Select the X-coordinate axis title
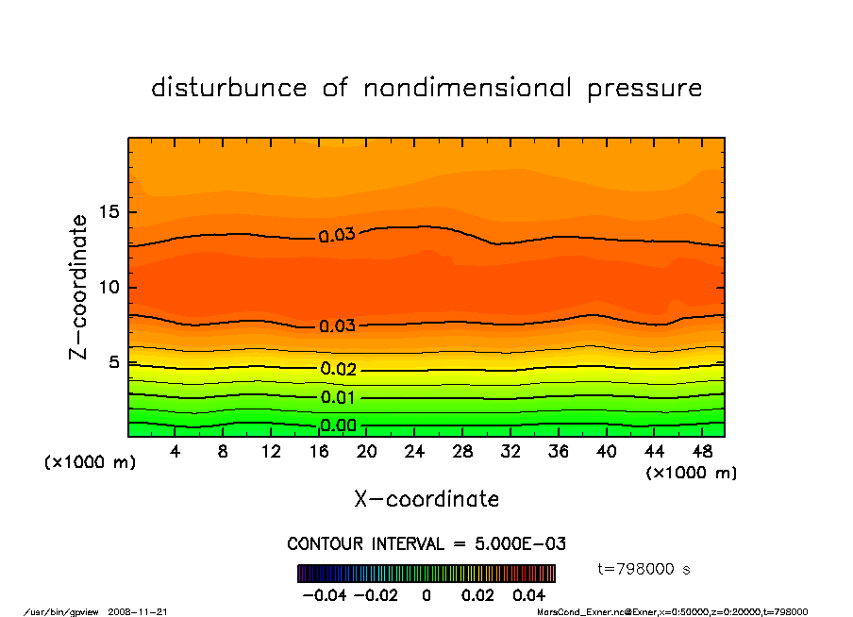coord(426,498)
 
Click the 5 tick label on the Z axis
coord(116,362)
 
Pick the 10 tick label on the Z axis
coord(111,287)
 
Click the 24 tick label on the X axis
coord(414,452)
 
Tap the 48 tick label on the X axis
coord(701,452)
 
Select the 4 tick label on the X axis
coord(176,452)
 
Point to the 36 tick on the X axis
coord(558,452)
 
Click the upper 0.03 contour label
coord(337,235)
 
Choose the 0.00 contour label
coord(337,425)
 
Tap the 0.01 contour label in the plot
coord(337,397)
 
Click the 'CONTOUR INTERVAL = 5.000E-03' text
coord(426,544)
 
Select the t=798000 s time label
coord(644,569)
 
